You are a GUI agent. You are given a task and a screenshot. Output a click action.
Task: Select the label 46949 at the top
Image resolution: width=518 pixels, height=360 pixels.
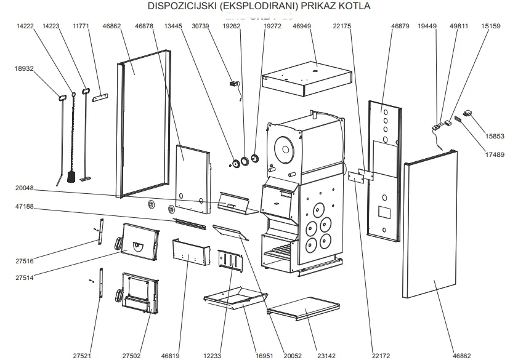pyautogui.click(x=302, y=26)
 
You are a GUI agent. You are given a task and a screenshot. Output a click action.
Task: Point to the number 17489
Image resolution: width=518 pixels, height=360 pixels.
pyautogui.click(x=493, y=155)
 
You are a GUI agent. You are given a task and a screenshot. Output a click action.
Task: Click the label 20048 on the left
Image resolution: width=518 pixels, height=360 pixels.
pyautogui.click(x=25, y=188)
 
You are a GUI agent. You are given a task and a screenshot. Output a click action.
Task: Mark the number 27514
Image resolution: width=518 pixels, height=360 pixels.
pyautogui.click(x=25, y=278)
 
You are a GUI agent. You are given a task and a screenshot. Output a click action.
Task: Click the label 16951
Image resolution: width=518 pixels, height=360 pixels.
pyautogui.click(x=263, y=356)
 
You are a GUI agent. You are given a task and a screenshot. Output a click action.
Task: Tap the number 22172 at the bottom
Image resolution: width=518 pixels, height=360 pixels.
pyautogui.click(x=381, y=356)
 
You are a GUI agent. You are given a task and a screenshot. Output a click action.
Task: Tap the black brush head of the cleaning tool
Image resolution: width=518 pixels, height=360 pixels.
pyautogui.click(x=71, y=178)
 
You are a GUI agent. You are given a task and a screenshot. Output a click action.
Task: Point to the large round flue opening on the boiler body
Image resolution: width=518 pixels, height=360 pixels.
pyautogui.click(x=284, y=149)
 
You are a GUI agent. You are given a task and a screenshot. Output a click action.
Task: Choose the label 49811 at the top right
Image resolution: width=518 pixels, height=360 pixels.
pyautogui.click(x=459, y=26)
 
